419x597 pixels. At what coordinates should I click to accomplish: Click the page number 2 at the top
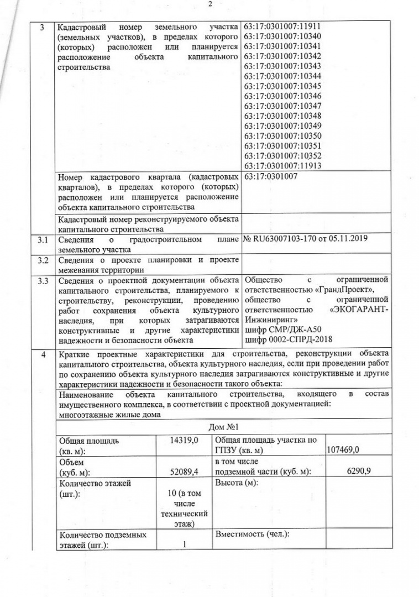click(210, 4)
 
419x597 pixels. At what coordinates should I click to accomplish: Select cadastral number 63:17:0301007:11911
click(282, 26)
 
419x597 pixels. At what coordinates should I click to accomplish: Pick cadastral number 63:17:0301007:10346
click(282, 96)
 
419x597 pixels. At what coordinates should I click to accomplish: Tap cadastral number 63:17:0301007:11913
click(282, 165)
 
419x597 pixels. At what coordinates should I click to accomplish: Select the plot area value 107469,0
click(343, 451)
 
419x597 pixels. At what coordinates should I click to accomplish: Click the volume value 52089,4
click(185, 471)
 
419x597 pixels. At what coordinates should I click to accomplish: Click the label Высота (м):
click(236, 483)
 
